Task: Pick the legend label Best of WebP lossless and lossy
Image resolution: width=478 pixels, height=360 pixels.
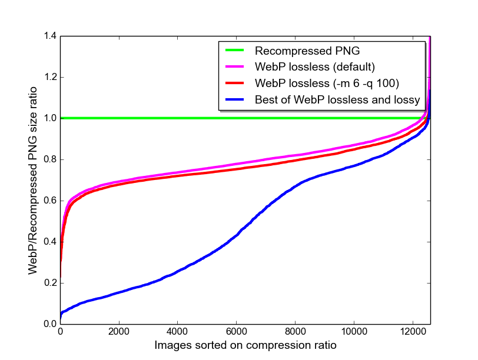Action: point(337,99)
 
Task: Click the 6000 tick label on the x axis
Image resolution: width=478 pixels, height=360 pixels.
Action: point(237,331)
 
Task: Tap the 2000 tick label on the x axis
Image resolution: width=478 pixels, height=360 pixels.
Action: point(119,331)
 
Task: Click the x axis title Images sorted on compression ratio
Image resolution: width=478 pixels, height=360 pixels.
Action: point(245,345)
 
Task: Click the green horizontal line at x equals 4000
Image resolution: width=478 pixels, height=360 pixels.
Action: point(178,118)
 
